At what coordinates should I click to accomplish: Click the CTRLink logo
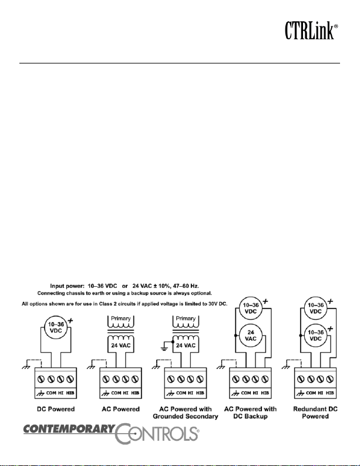point(311,31)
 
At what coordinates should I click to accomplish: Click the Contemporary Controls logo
point(112,433)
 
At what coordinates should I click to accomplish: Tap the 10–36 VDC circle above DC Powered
point(56,327)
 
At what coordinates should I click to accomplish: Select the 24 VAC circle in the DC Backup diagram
point(251,335)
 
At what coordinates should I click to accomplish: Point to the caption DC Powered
point(56,409)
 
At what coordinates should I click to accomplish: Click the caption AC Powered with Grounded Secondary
point(186,413)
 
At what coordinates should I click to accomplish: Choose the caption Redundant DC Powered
point(315,413)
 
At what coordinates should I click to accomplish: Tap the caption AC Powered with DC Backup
point(250,413)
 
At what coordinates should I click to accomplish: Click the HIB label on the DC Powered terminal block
point(70,393)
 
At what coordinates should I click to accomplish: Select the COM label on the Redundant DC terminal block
point(311,393)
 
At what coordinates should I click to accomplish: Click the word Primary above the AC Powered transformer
point(120,319)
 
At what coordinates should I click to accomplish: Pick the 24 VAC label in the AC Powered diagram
point(120,346)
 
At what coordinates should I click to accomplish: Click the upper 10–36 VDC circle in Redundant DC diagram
point(315,308)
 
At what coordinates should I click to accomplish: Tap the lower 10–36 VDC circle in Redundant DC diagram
point(315,335)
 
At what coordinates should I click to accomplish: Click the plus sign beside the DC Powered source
point(70,321)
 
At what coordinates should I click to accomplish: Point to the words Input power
point(67,286)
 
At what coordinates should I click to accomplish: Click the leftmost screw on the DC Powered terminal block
point(41,379)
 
